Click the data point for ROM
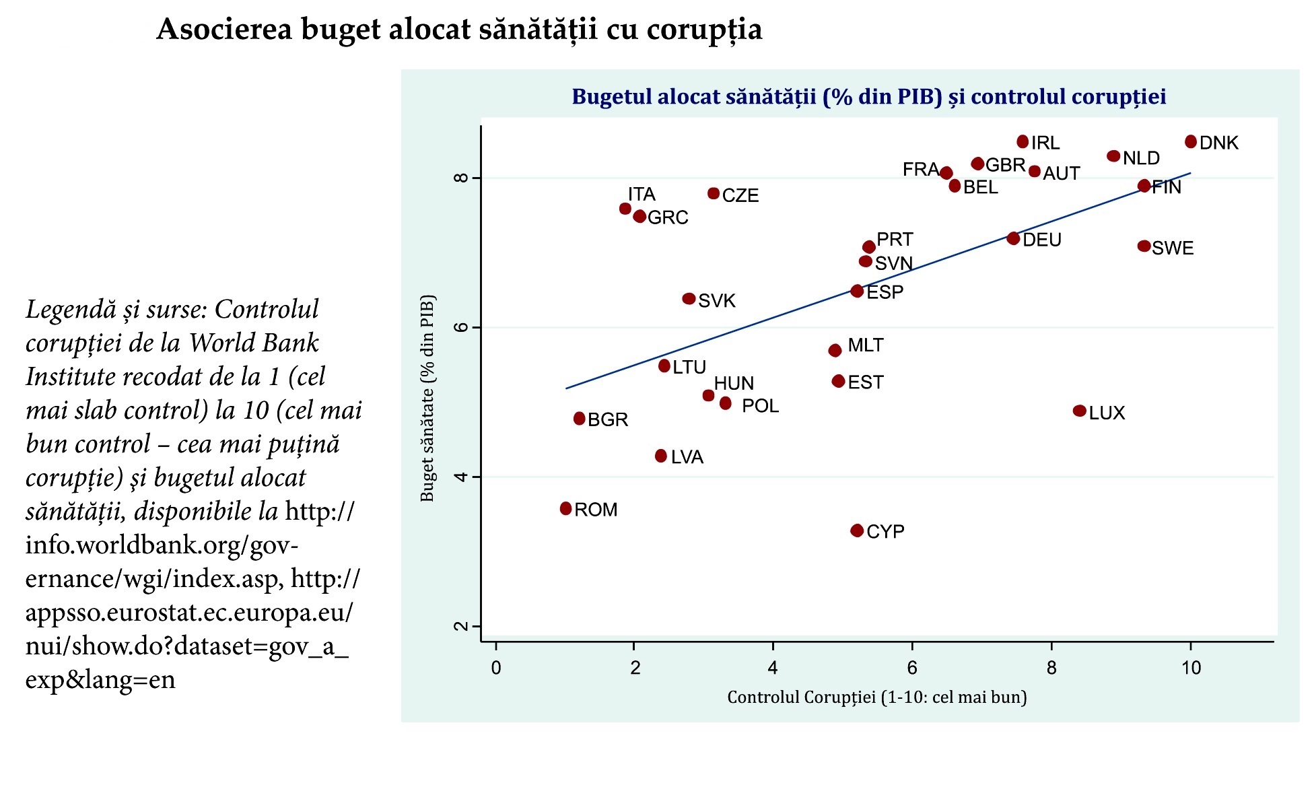coord(565,508)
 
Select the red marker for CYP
coord(857,530)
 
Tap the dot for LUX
coord(1079,411)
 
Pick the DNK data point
coord(1191,141)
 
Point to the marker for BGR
coord(579,419)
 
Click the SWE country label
coord(1173,248)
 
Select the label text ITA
coord(642,195)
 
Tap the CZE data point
coord(714,194)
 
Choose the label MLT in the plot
coord(865,345)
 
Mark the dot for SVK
coord(689,298)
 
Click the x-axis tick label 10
coord(1191,668)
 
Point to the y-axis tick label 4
coord(461,477)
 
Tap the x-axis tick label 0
coord(496,668)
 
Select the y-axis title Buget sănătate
coord(427,398)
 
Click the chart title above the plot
coord(868,97)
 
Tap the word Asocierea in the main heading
coord(224,30)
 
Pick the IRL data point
coord(1023,141)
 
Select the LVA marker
coord(661,456)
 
